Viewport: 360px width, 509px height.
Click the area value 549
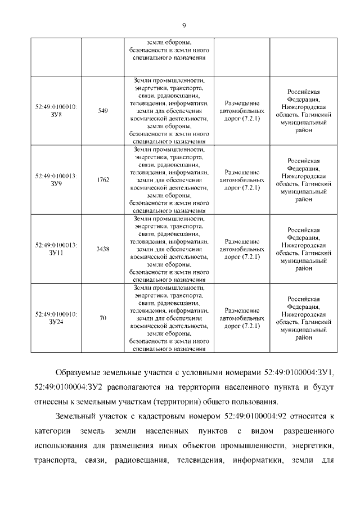(x=103, y=111)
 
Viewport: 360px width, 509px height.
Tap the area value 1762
(x=103, y=179)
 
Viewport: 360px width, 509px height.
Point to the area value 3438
(x=103, y=249)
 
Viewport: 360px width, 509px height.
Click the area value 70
(x=103, y=318)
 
